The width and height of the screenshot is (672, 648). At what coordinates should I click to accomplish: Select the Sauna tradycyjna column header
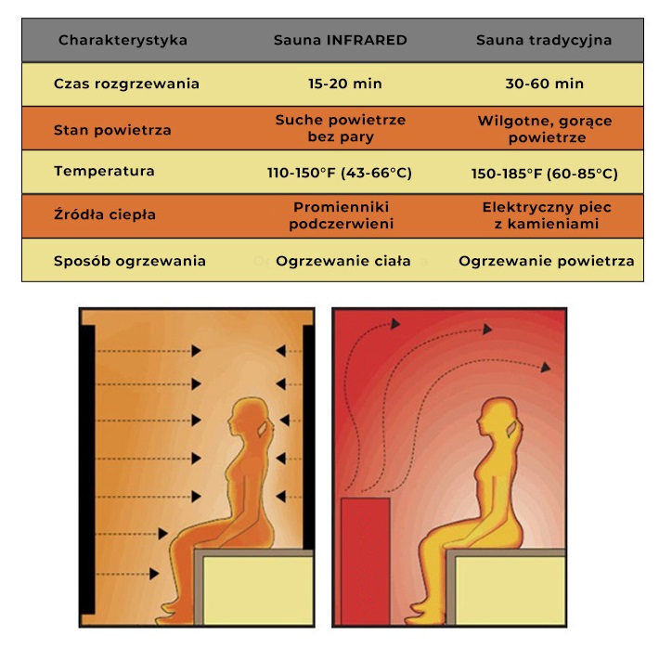point(543,41)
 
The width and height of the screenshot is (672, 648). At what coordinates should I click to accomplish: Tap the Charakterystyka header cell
point(123,41)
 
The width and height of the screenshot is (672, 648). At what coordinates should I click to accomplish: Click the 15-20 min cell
point(343,84)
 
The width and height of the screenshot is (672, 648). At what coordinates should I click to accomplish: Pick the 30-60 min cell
point(545,84)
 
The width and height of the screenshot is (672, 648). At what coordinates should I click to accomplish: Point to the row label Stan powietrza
point(112,130)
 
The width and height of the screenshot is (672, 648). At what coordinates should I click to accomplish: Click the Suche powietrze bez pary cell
point(341,129)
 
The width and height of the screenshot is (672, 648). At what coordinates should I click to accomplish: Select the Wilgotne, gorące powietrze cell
point(544,129)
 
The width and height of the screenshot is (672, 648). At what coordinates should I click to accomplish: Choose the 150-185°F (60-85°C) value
point(545,174)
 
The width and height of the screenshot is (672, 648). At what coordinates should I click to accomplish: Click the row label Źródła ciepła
point(105,215)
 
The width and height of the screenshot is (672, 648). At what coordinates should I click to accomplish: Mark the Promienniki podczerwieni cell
point(340,215)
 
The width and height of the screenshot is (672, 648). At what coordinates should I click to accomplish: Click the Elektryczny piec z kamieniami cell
point(546,215)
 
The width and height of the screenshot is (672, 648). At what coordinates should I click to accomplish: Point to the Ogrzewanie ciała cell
point(343,261)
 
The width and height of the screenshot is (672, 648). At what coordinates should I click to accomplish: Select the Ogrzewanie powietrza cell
point(546,261)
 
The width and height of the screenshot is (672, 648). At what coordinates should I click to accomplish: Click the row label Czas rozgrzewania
point(126,84)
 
